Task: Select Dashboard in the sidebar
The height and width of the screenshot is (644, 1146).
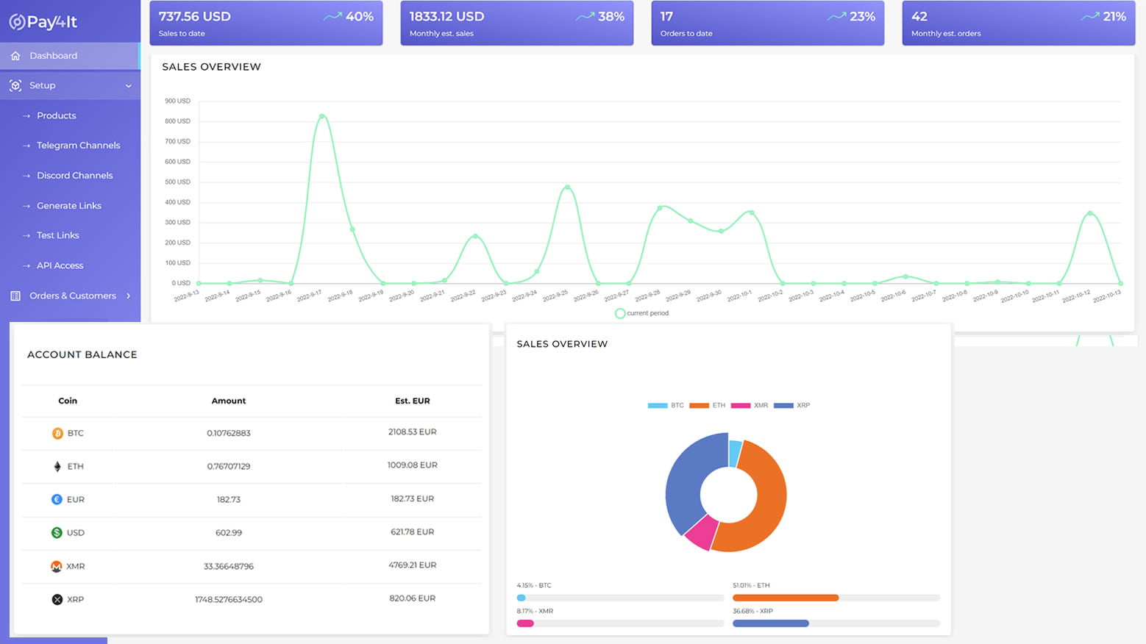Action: tap(53, 56)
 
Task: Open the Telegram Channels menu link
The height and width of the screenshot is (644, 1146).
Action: tap(78, 146)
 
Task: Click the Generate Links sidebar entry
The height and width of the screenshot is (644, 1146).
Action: tap(69, 206)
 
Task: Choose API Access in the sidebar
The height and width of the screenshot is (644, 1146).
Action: tap(60, 265)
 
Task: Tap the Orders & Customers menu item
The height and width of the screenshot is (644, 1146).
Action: tap(72, 296)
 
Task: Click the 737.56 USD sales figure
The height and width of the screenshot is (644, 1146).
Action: tap(195, 16)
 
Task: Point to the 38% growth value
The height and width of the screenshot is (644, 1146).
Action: tap(611, 16)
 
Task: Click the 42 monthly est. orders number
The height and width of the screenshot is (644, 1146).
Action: tap(919, 16)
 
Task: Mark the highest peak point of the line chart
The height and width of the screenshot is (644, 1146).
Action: tap(322, 116)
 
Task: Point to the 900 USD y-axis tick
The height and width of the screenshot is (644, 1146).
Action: tap(177, 101)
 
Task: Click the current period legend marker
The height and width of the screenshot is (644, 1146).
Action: tap(620, 313)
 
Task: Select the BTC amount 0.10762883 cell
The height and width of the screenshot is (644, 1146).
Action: tap(229, 433)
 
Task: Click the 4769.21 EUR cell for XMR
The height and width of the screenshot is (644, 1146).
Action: tap(412, 565)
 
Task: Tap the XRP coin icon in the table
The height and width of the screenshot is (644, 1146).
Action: tap(57, 599)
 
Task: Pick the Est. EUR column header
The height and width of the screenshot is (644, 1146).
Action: tap(412, 401)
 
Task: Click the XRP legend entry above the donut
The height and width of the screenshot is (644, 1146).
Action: tap(792, 405)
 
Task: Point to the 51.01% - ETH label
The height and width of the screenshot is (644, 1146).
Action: tap(751, 585)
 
